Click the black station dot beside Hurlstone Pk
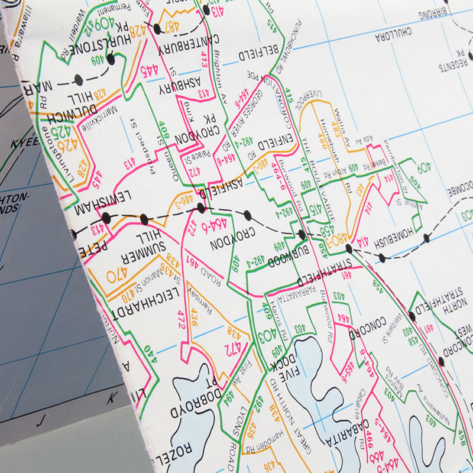coord(111,59)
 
